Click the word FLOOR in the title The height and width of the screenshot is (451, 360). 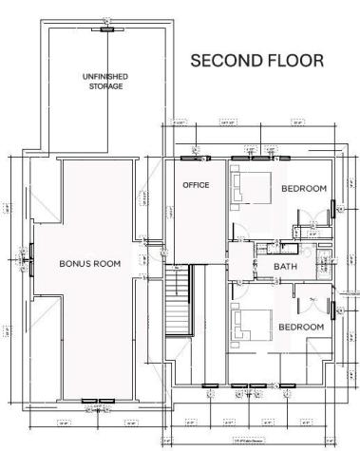coord(294,60)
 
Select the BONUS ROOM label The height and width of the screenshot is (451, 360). coord(89,263)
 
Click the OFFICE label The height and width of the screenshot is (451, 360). coord(196,185)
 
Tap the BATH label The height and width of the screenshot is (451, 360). coord(285,267)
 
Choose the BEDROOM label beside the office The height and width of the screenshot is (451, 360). coord(304,189)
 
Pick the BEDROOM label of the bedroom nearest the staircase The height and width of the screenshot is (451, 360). coord(300,327)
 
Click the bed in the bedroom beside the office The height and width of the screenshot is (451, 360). coord(249,187)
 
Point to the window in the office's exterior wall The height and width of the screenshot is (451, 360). coord(196,150)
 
